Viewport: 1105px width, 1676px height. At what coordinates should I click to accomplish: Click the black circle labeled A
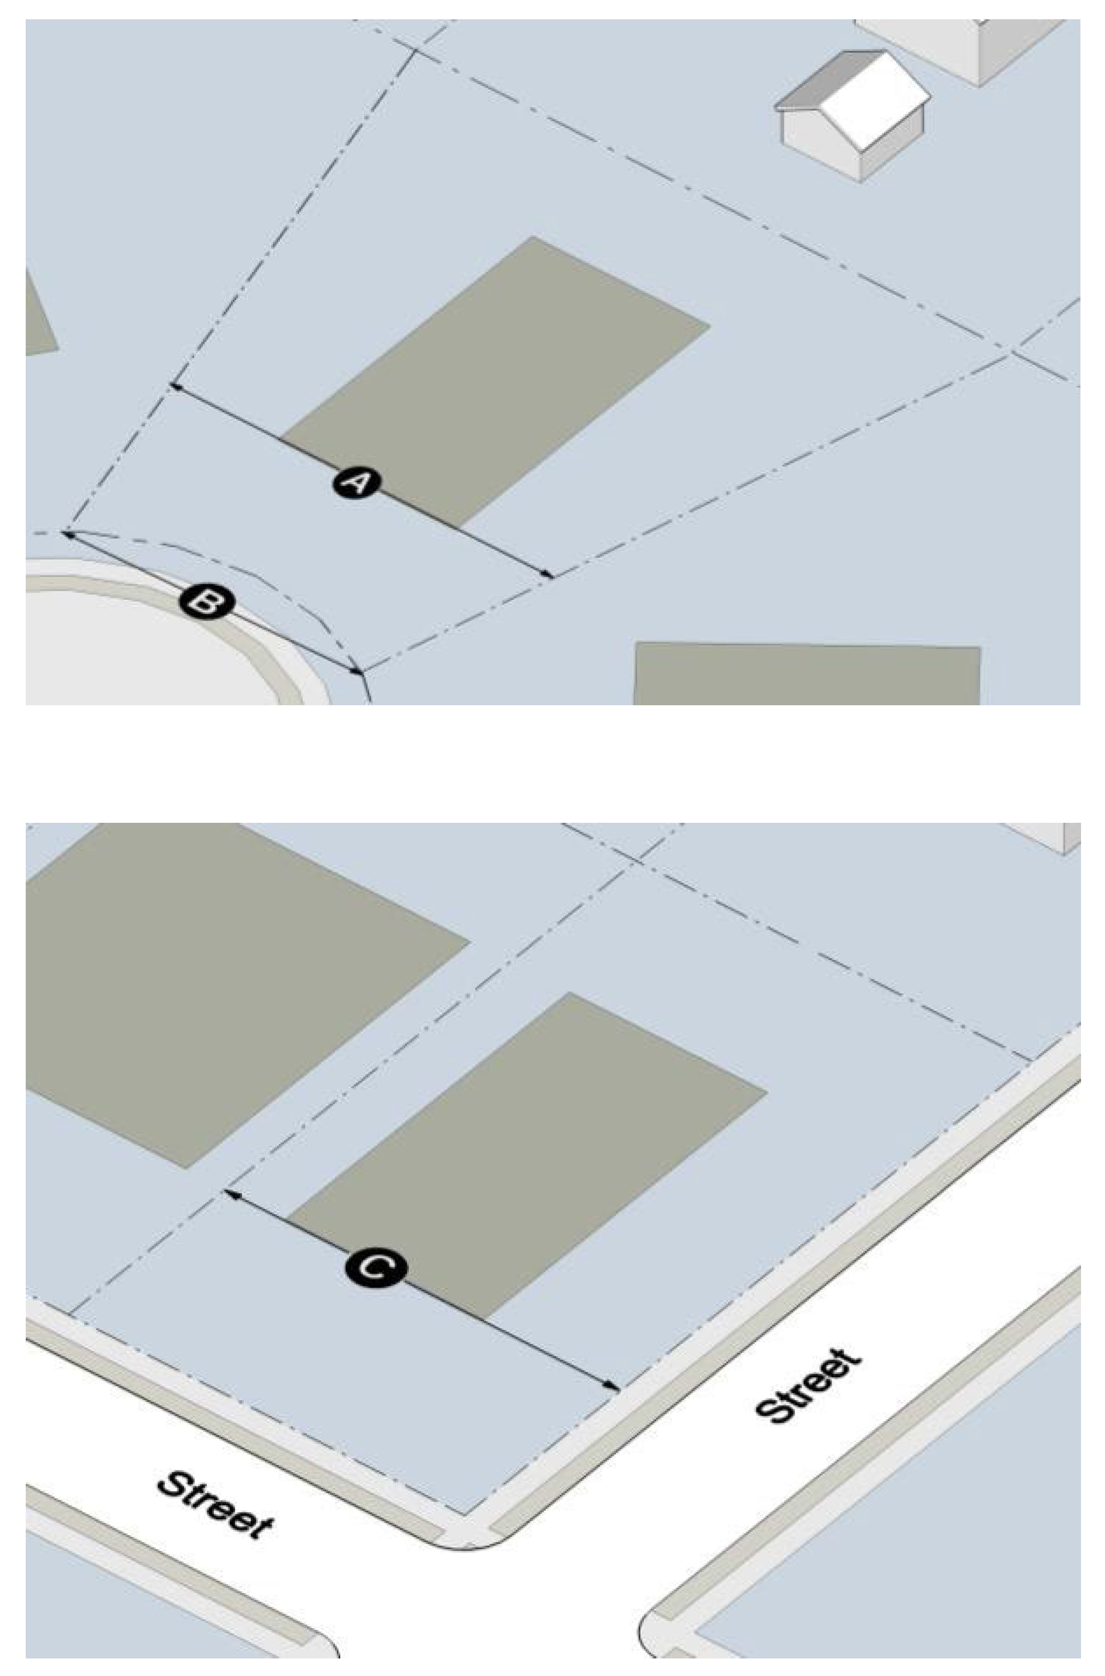(x=357, y=483)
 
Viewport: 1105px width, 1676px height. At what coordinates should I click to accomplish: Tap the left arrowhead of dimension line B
(x=68, y=534)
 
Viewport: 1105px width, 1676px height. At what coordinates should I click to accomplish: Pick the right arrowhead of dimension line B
(x=357, y=670)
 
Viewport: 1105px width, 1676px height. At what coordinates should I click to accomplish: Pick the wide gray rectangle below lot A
(x=807, y=674)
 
